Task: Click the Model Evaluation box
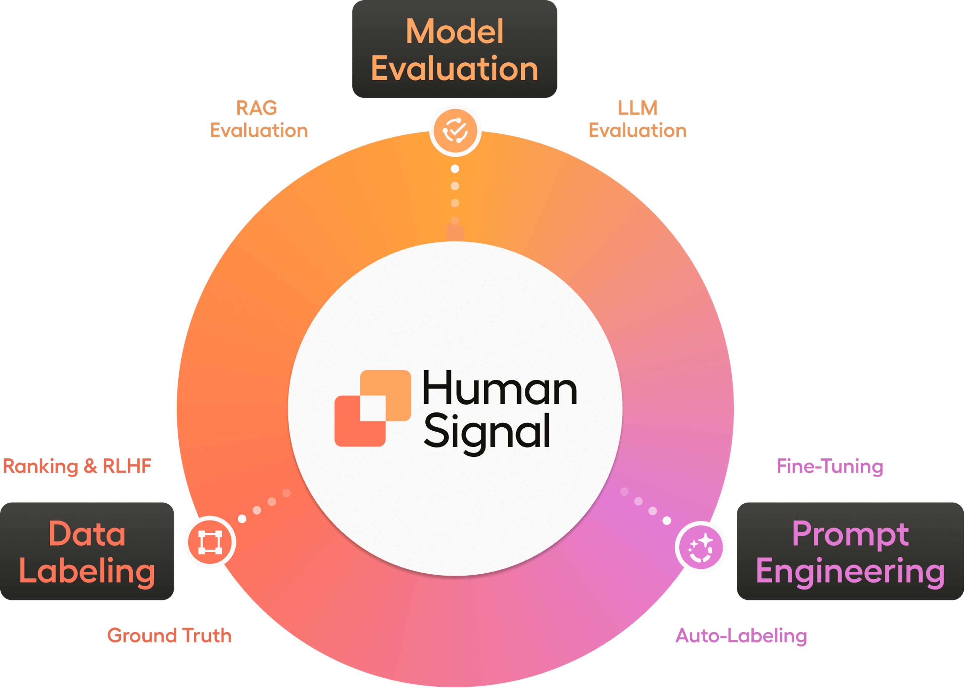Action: [x=455, y=49]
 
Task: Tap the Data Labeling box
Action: [x=87, y=551]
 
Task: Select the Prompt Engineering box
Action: [x=850, y=551]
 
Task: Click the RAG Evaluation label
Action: [x=258, y=119]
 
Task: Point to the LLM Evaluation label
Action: [x=637, y=119]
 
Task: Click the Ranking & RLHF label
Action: [x=77, y=466]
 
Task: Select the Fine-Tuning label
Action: [x=830, y=466]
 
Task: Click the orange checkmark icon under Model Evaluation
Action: [x=455, y=131]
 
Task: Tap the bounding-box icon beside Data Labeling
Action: [x=210, y=542]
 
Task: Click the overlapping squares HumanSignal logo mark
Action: [x=373, y=408]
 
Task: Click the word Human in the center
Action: [x=499, y=389]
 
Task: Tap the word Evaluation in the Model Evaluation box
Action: [x=455, y=69]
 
